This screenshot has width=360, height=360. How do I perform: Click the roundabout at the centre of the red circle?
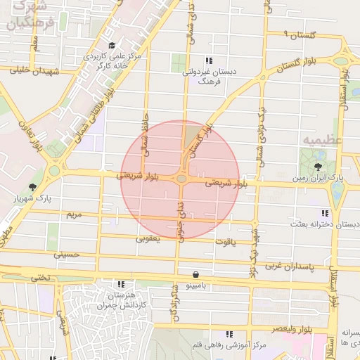181,179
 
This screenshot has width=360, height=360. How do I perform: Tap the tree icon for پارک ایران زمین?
319,167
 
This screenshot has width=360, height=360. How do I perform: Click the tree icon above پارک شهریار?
32,187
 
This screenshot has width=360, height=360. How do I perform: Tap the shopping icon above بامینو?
195,274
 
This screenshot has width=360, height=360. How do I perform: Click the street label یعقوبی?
148,238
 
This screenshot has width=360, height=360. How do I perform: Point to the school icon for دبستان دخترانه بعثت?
324,212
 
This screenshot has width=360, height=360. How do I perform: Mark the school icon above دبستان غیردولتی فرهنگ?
208,60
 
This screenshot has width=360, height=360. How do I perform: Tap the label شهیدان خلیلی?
31,70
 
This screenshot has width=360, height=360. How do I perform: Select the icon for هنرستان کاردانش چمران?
122,284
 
